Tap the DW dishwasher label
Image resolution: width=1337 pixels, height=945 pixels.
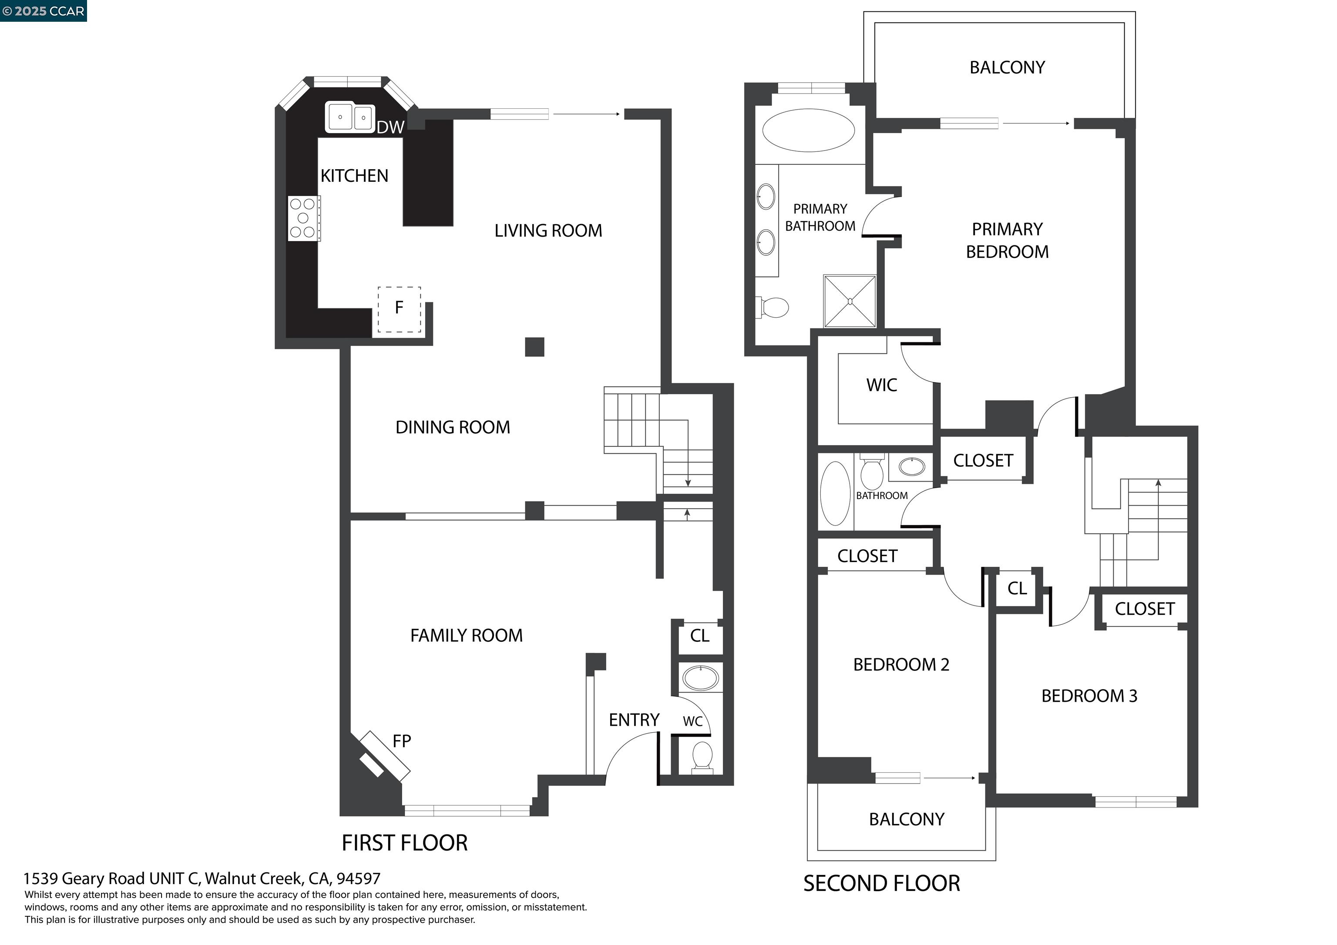390,127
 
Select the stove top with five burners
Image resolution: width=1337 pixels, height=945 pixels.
303,218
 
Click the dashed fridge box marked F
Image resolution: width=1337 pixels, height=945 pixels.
399,309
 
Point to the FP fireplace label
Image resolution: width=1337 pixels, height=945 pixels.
402,741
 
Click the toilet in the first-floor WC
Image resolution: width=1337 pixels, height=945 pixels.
702,757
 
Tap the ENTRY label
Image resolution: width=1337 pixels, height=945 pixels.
634,720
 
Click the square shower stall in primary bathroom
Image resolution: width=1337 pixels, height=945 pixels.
850,301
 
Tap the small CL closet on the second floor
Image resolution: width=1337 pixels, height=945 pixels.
1017,589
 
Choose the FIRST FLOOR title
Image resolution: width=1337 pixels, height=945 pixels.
404,843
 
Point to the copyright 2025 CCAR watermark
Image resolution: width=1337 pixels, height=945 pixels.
44,11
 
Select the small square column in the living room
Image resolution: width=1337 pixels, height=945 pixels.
534,347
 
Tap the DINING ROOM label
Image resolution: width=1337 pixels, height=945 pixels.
453,427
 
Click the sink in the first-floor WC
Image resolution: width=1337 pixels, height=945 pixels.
701,678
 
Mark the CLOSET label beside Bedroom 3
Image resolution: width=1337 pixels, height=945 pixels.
1144,609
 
